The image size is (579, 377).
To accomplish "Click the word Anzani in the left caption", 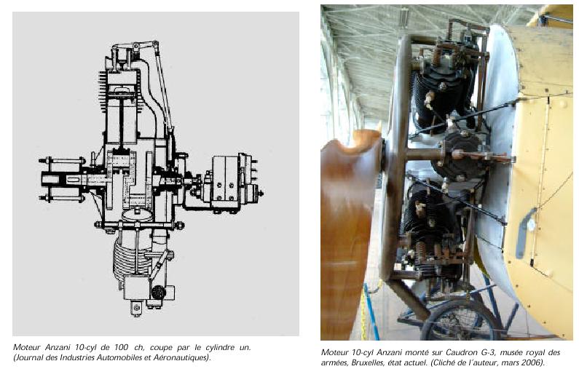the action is pyautogui.click(x=58, y=347).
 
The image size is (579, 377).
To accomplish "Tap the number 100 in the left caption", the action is pyautogui.click(x=121, y=347).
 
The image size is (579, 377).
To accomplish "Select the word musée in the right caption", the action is pyautogui.click(x=507, y=352).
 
